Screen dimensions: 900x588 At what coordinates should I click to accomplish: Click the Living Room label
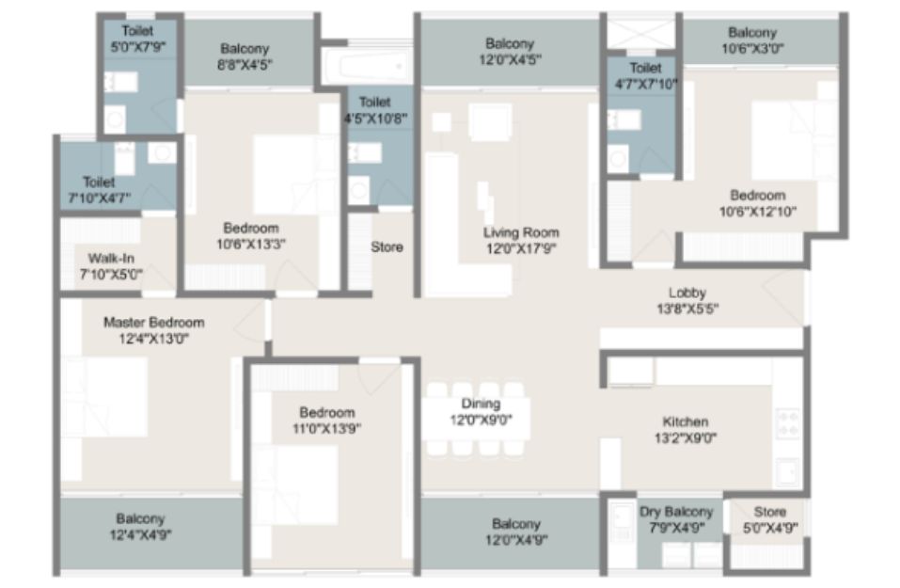point(521,232)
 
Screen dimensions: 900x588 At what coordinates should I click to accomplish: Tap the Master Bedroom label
point(154,322)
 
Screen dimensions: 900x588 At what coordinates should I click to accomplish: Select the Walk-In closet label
point(111,259)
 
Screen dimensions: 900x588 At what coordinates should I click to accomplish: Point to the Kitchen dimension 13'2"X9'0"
point(686,438)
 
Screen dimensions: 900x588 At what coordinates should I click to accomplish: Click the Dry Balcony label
point(676,512)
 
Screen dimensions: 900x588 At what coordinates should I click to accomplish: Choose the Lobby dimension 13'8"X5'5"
point(687,309)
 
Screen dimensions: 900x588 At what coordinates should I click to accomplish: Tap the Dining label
point(481,404)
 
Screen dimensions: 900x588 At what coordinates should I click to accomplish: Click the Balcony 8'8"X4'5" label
point(245,56)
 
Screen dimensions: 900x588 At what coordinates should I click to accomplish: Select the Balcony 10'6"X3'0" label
point(752,40)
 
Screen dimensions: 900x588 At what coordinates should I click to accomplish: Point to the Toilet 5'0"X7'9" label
point(137,40)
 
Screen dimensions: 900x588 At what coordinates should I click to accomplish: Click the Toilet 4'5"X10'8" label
point(375,110)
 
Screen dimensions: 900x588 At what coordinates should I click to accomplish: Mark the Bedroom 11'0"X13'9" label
point(326,421)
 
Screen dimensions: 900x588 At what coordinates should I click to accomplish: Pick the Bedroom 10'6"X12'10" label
point(758,203)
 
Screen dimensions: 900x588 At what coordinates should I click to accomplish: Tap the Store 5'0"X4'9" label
point(770,519)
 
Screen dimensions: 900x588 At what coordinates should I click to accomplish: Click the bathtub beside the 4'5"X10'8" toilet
point(366,65)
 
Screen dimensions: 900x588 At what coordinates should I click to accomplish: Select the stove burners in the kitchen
point(787,423)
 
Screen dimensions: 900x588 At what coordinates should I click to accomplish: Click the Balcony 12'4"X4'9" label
point(141,527)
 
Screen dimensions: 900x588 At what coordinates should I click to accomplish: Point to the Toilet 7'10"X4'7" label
point(100,190)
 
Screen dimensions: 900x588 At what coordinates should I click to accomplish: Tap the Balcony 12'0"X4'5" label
point(510,52)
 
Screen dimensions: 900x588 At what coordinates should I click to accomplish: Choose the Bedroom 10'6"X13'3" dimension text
point(251,244)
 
